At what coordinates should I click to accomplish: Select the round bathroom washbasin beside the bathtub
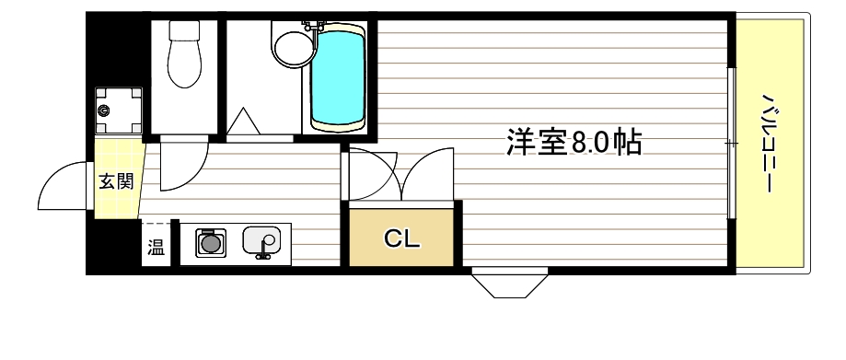tap(293, 45)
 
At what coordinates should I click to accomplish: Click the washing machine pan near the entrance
tap(121, 111)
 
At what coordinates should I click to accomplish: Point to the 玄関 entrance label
tap(116, 181)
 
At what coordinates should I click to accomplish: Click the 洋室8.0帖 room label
tap(573, 143)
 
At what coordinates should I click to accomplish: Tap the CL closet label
tap(401, 239)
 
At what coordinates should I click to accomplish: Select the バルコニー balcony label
tap(768, 143)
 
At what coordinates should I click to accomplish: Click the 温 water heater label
tap(156, 247)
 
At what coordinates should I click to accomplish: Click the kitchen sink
tap(261, 242)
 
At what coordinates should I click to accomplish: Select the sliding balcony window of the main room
tap(731, 143)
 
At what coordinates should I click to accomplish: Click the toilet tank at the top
tap(184, 31)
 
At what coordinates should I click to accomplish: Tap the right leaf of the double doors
tap(428, 175)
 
